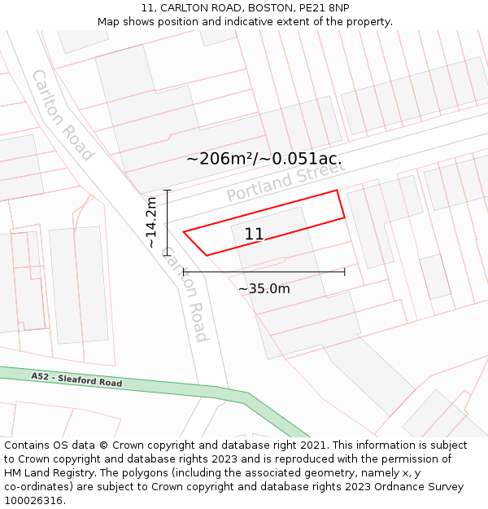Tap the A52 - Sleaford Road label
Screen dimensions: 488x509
76,380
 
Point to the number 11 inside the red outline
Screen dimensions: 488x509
254,235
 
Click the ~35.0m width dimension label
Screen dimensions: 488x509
264,288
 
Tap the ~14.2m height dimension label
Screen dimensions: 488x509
151,222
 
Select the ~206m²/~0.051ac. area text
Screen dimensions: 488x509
264,159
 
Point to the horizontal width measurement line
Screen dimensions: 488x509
264,272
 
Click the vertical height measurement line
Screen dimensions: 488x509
167,222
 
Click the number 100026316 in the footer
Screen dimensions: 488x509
35,501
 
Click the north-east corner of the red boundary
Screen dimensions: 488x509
337,191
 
